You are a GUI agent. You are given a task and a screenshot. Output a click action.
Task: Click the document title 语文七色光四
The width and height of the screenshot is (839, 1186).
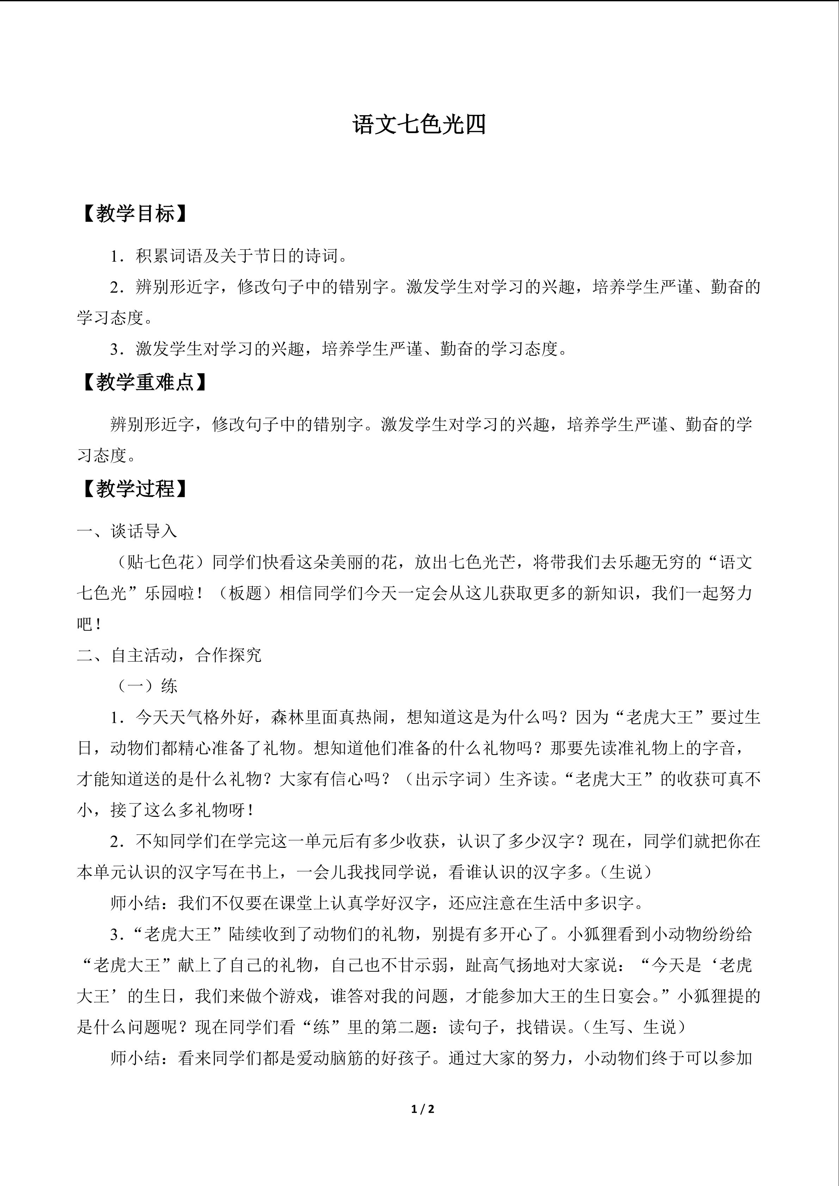pyautogui.click(x=419, y=125)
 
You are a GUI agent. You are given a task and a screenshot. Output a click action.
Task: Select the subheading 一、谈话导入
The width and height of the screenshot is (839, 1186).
pyautogui.click(x=127, y=531)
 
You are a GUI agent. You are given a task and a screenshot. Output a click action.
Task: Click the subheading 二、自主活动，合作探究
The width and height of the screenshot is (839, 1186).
pyautogui.click(x=169, y=655)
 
